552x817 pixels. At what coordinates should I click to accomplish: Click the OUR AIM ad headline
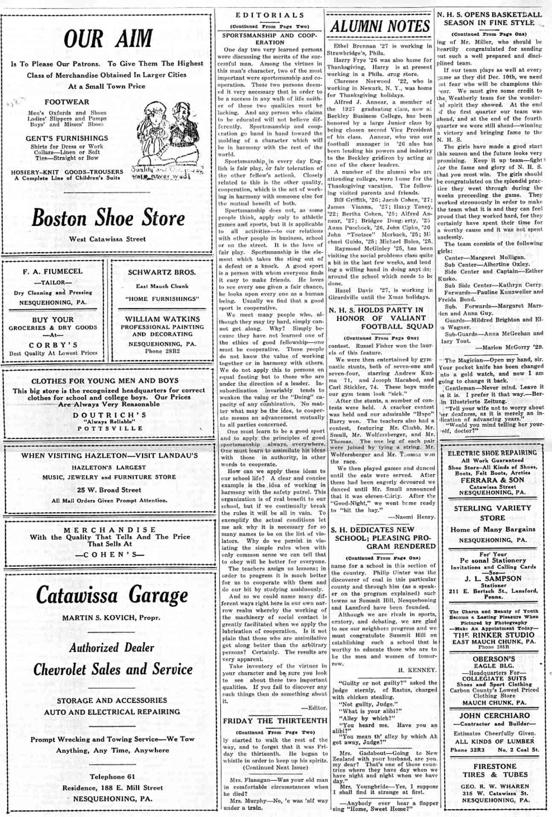[108, 38]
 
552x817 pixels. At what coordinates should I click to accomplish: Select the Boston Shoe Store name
[108, 218]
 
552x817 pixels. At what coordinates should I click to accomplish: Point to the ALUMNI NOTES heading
[380, 26]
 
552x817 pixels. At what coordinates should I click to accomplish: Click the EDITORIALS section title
[270, 15]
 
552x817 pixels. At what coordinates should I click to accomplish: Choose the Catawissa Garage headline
[112, 595]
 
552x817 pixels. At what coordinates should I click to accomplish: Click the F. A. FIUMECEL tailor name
[53, 271]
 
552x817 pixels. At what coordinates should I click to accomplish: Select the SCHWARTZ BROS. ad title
[162, 272]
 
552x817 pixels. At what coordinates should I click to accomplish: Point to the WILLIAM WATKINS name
[162, 319]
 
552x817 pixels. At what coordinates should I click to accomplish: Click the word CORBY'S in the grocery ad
[53, 345]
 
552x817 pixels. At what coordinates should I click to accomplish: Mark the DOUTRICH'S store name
[110, 415]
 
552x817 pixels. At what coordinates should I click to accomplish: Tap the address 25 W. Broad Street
[109, 490]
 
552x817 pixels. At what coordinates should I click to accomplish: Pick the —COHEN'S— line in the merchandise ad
[110, 555]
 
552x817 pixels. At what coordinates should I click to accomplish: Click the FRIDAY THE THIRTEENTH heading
[275, 721]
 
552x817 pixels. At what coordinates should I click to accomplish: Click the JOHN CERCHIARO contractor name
[494, 716]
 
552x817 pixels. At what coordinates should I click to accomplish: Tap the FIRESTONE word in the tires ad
[494, 767]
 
